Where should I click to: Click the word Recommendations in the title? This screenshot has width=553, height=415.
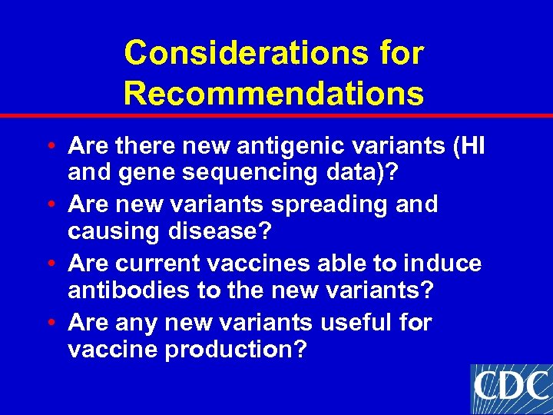273,94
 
